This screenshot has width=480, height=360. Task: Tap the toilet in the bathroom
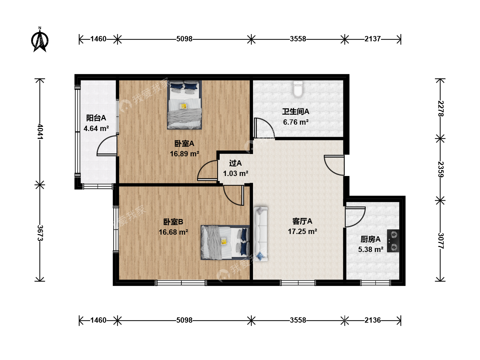298,89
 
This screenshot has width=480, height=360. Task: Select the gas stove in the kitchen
393,241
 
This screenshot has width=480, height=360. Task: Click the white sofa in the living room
261,234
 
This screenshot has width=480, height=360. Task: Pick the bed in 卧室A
184,105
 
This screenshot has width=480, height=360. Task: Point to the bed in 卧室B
225,242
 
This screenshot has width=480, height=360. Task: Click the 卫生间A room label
296,112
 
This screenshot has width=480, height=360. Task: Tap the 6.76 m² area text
296,122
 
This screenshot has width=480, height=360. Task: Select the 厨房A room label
370,239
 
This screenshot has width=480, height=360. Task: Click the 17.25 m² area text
302,231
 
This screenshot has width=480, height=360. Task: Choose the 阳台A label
96,118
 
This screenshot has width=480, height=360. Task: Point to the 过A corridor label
235,163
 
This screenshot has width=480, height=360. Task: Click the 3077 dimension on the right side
440,241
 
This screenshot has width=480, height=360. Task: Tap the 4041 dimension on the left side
40,132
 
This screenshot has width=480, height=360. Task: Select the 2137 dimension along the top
373,39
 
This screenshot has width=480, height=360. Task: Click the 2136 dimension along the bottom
373,320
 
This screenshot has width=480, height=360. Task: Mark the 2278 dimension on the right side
440,109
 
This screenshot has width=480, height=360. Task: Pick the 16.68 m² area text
173,232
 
